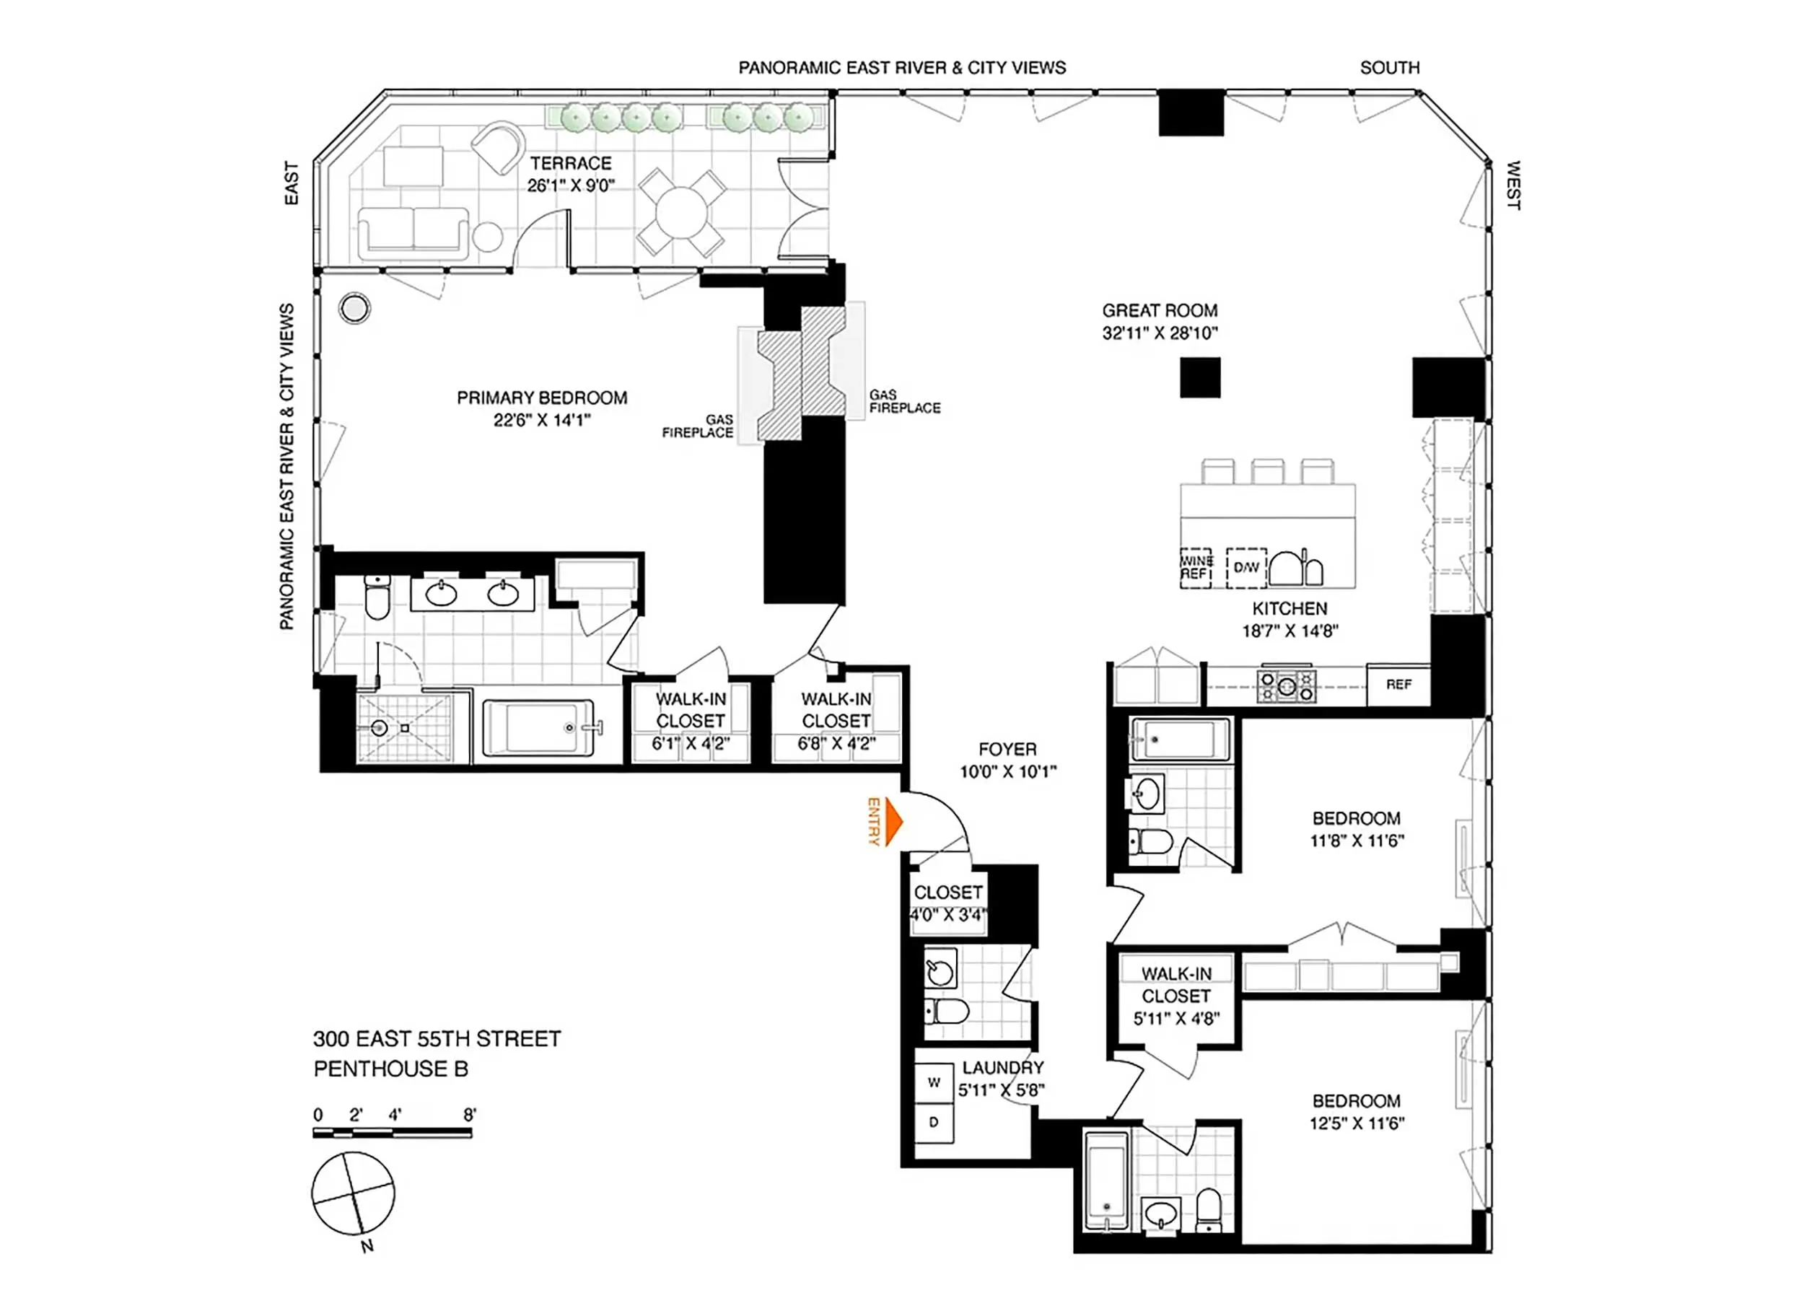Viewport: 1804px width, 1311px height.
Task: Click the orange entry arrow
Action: pyautogui.click(x=893, y=823)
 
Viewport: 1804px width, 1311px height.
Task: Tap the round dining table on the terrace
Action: pyautogui.click(x=682, y=213)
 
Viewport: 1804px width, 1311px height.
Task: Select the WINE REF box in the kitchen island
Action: pyautogui.click(x=1196, y=567)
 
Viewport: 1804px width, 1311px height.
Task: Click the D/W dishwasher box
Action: pyautogui.click(x=1245, y=567)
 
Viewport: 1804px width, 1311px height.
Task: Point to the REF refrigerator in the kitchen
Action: pyautogui.click(x=1398, y=684)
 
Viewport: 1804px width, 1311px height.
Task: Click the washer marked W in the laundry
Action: pyautogui.click(x=934, y=1083)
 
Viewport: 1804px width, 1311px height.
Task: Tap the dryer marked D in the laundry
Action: pyautogui.click(x=934, y=1123)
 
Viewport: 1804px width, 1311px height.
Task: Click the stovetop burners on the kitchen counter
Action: pyautogui.click(x=1286, y=685)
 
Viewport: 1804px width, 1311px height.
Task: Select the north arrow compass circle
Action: pyautogui.click(x=352, y=1193)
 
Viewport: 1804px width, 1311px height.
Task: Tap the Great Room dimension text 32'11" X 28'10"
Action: pyautogui.click(x=1159, y=333)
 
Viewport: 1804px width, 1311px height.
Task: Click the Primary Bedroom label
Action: pyautogui.click(x=542, y=398)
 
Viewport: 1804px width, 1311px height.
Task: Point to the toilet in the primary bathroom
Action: pyautogui.click(x=377, y=598)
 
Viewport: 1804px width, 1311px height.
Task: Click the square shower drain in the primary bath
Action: pyautogui.click(x=405, y=728)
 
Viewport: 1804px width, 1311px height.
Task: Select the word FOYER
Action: pyautogui.click(x=1007, y=750)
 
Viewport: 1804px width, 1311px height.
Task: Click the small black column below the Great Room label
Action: pyautogui.click(x=1199, y=378)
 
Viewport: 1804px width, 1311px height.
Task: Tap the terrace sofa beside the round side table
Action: pyautogui.click(x=413, y=232)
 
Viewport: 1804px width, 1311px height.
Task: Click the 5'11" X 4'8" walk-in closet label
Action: pyautogui.click(x=1175, y=1018)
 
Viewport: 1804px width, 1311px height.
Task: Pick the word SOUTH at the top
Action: pyautogui.click(x=1389, y=68)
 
